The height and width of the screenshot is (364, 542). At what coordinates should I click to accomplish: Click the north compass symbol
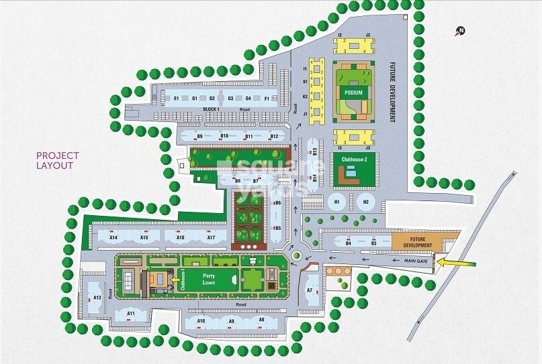pos(460,30)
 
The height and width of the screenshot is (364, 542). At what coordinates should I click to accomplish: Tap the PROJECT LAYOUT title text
pos(58,160)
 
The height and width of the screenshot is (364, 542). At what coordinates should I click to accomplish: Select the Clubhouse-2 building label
pos(354,158)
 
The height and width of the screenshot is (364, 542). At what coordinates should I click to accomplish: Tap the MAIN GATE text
pos(416,260)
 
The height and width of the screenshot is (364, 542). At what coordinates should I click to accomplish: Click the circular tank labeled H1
pos(337,201)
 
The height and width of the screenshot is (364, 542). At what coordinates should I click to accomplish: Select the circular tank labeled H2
pos(366,201)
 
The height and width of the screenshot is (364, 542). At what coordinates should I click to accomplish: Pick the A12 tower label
pos(97,297)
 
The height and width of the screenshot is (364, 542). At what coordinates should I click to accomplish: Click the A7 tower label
pos(310,290)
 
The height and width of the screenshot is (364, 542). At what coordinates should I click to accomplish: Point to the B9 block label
pos(199,136)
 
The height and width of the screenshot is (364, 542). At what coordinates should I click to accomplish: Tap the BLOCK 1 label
pos(212,109)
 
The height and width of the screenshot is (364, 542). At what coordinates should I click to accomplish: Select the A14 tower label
pos(113,237)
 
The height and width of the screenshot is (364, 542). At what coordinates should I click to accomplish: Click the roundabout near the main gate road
pos(296,254)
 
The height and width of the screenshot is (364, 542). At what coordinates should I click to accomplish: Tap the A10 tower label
pos(201,321)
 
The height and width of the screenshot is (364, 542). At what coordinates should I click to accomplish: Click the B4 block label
pos(349,243)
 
